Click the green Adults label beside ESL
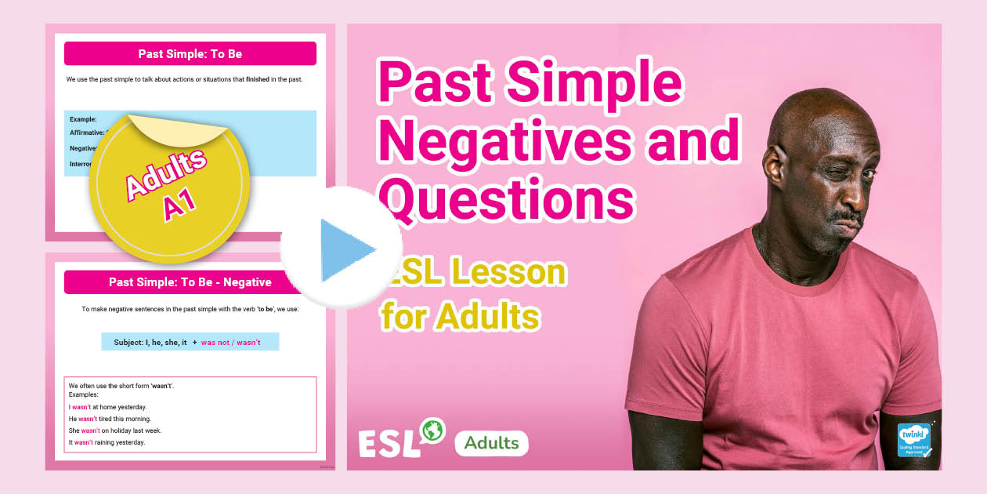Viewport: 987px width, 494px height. tap(491, 443)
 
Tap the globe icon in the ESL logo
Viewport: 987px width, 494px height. tap(432, 430)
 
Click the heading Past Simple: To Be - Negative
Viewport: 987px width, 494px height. tap(190, 282)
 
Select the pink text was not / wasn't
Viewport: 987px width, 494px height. tap(231, 343)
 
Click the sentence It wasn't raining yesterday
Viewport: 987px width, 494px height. tap(107, 442)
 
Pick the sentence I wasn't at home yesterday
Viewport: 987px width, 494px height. tap(107, 407)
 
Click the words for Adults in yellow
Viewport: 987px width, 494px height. tap(460, 318)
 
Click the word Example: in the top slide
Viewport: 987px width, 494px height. tap(83, 119)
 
